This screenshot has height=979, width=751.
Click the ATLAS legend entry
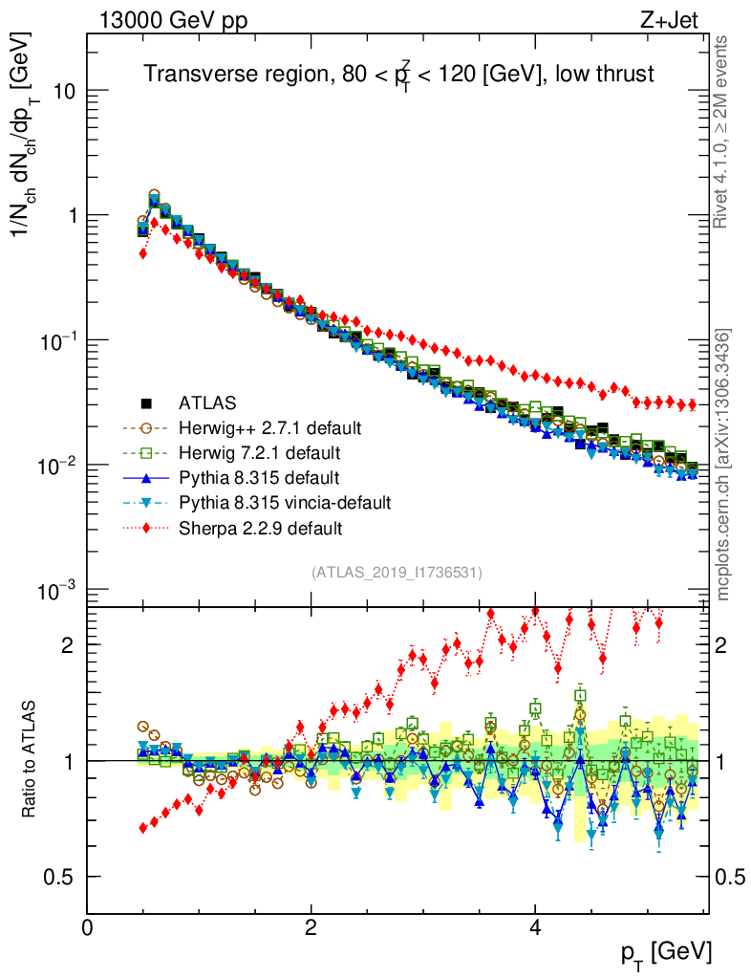[x=206, y=402]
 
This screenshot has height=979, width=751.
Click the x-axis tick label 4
[x=535, y=928]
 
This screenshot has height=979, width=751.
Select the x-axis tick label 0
[x=87, y=928]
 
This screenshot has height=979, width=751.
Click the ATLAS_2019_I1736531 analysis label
[x=397, y=573]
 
